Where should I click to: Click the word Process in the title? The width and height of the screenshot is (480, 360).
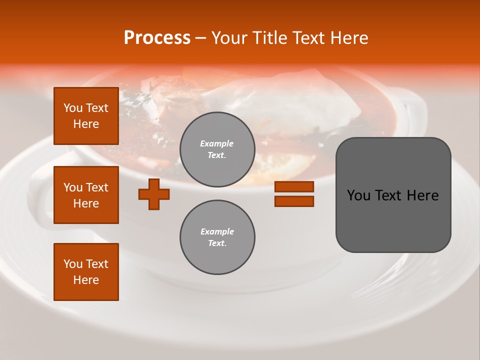click(x=157, y=38)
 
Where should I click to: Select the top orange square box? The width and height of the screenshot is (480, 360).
click(x=86, y=116)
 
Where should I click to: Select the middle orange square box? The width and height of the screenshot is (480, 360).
click(x=86, y=195)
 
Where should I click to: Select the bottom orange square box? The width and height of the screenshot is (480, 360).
click(x=86, y=272)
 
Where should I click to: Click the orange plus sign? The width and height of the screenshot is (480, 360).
click(x=154, y=194)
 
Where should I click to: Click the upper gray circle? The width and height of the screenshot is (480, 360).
click(x=217, y=149)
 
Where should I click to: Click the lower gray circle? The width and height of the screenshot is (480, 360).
click(x=217, y=237)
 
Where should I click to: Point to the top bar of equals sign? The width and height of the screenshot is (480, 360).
click(x=294, y=186)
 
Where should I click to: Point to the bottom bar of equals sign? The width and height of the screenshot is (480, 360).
click(x=294, y=201)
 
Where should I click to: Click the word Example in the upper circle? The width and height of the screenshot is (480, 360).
click(x=217, y=143)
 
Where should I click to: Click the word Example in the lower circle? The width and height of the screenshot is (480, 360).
click(x=217, y=231)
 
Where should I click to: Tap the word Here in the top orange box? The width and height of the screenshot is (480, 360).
click(x=86, y=124)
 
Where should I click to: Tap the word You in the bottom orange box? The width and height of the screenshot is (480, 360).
click(x=73, y=264)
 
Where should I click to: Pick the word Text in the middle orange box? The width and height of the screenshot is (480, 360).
click(x=97, y=187)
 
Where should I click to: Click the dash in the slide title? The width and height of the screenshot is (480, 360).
click(x=200, y=38)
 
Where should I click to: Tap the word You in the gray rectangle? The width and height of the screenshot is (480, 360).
click(x=358, y=195)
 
